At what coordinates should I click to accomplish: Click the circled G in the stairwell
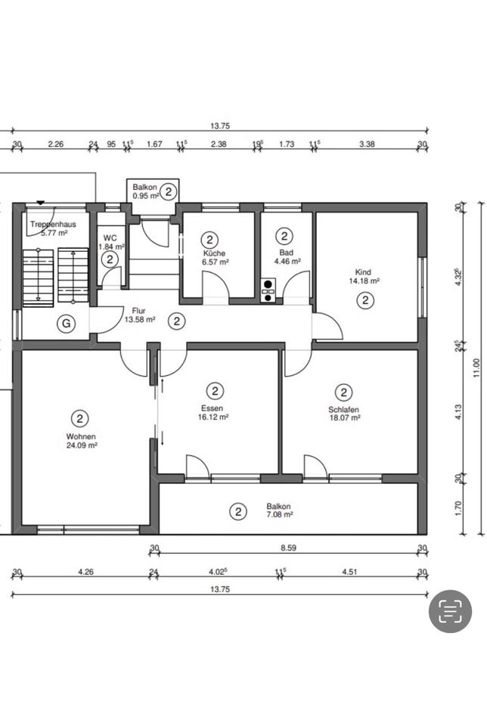[x=67, y=323]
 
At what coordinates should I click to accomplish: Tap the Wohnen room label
[x=81, y=436]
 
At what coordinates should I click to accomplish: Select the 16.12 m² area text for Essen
[x=213, y=417]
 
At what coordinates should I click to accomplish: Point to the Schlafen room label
[x=343, y=409]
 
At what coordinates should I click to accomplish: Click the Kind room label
[x=363, y=272]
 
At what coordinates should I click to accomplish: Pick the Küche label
[x=214, y=253]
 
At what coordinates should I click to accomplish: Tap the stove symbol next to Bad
[x=268, y=290]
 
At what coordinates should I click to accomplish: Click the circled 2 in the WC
[x=110, y=259]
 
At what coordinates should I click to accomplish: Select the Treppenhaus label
[x=53, y=225]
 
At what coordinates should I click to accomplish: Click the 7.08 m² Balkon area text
[x=278, y=514]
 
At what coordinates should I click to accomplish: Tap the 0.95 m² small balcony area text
[x=145, y=196]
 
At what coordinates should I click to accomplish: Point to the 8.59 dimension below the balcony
[x=288, y=548]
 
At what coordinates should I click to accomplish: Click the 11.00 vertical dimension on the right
[x=477, y=368]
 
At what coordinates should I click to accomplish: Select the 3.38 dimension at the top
[x=367, y=144]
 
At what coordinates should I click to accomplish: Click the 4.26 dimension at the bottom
[x=85, y=572]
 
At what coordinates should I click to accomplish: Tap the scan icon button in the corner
[x=450, y=611]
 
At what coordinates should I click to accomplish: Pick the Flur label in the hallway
[x=138, y=311]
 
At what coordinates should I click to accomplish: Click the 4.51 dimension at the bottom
[x=349, y=572]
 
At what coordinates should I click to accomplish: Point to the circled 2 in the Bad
[x=284, y=236]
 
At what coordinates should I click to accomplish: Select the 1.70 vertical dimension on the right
[x=459, y=508]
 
